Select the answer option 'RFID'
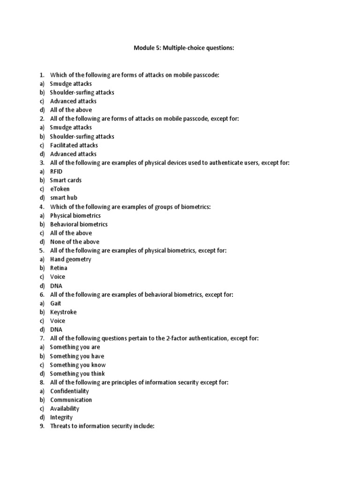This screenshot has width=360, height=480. pyautogui.click(x=56, y=172)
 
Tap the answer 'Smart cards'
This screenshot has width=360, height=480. pyautogui.click(x=66, y=180)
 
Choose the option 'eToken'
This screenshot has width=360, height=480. pyautogui.click(x=60, y=189)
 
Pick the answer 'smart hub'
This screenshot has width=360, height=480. pyautogui.click(x=64, y=198)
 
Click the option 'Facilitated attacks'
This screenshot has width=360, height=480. pyautogui.click(x=74, y=145)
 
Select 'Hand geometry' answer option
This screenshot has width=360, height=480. pyautogui.click(x=71, y=259)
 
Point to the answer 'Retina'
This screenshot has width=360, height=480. pyautogui.click(x=59, y=268)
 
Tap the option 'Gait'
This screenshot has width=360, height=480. pyautogui.click(x=56, y=303)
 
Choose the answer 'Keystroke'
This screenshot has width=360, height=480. pyautogui.click(x=63, y=312)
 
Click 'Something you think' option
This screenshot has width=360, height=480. pyautogui.click(x=77, y=374)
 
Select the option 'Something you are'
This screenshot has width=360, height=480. pyautogui.click(x=75, y=347)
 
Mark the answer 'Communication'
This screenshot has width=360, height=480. pyautogui.click(x=71, y=400)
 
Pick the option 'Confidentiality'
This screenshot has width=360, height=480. pyautogui.click(x=69, y=391)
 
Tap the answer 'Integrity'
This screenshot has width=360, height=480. pyautogui.click(x=61, y=417)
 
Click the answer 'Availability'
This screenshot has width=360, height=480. pyautogui.click(x=65, y=409)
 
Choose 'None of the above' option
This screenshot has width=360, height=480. pyautogui.click(x=75, y=242)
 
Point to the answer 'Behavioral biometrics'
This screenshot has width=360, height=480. pyautogui.click(x=79, y=224)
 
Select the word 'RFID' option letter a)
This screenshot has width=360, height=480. pyautogui.click(x=42, y=172)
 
